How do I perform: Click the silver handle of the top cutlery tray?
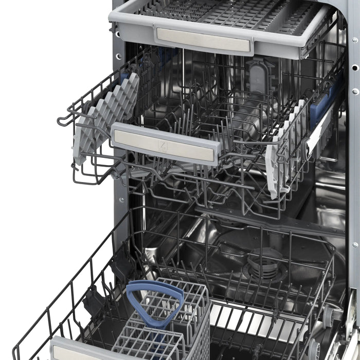pos(203,39)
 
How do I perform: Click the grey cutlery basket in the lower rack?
pos(165,329)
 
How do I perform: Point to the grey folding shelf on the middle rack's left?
pos(105,116)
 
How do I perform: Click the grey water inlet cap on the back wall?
pos(257,77)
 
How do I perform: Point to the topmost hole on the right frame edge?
pos(354,40)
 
